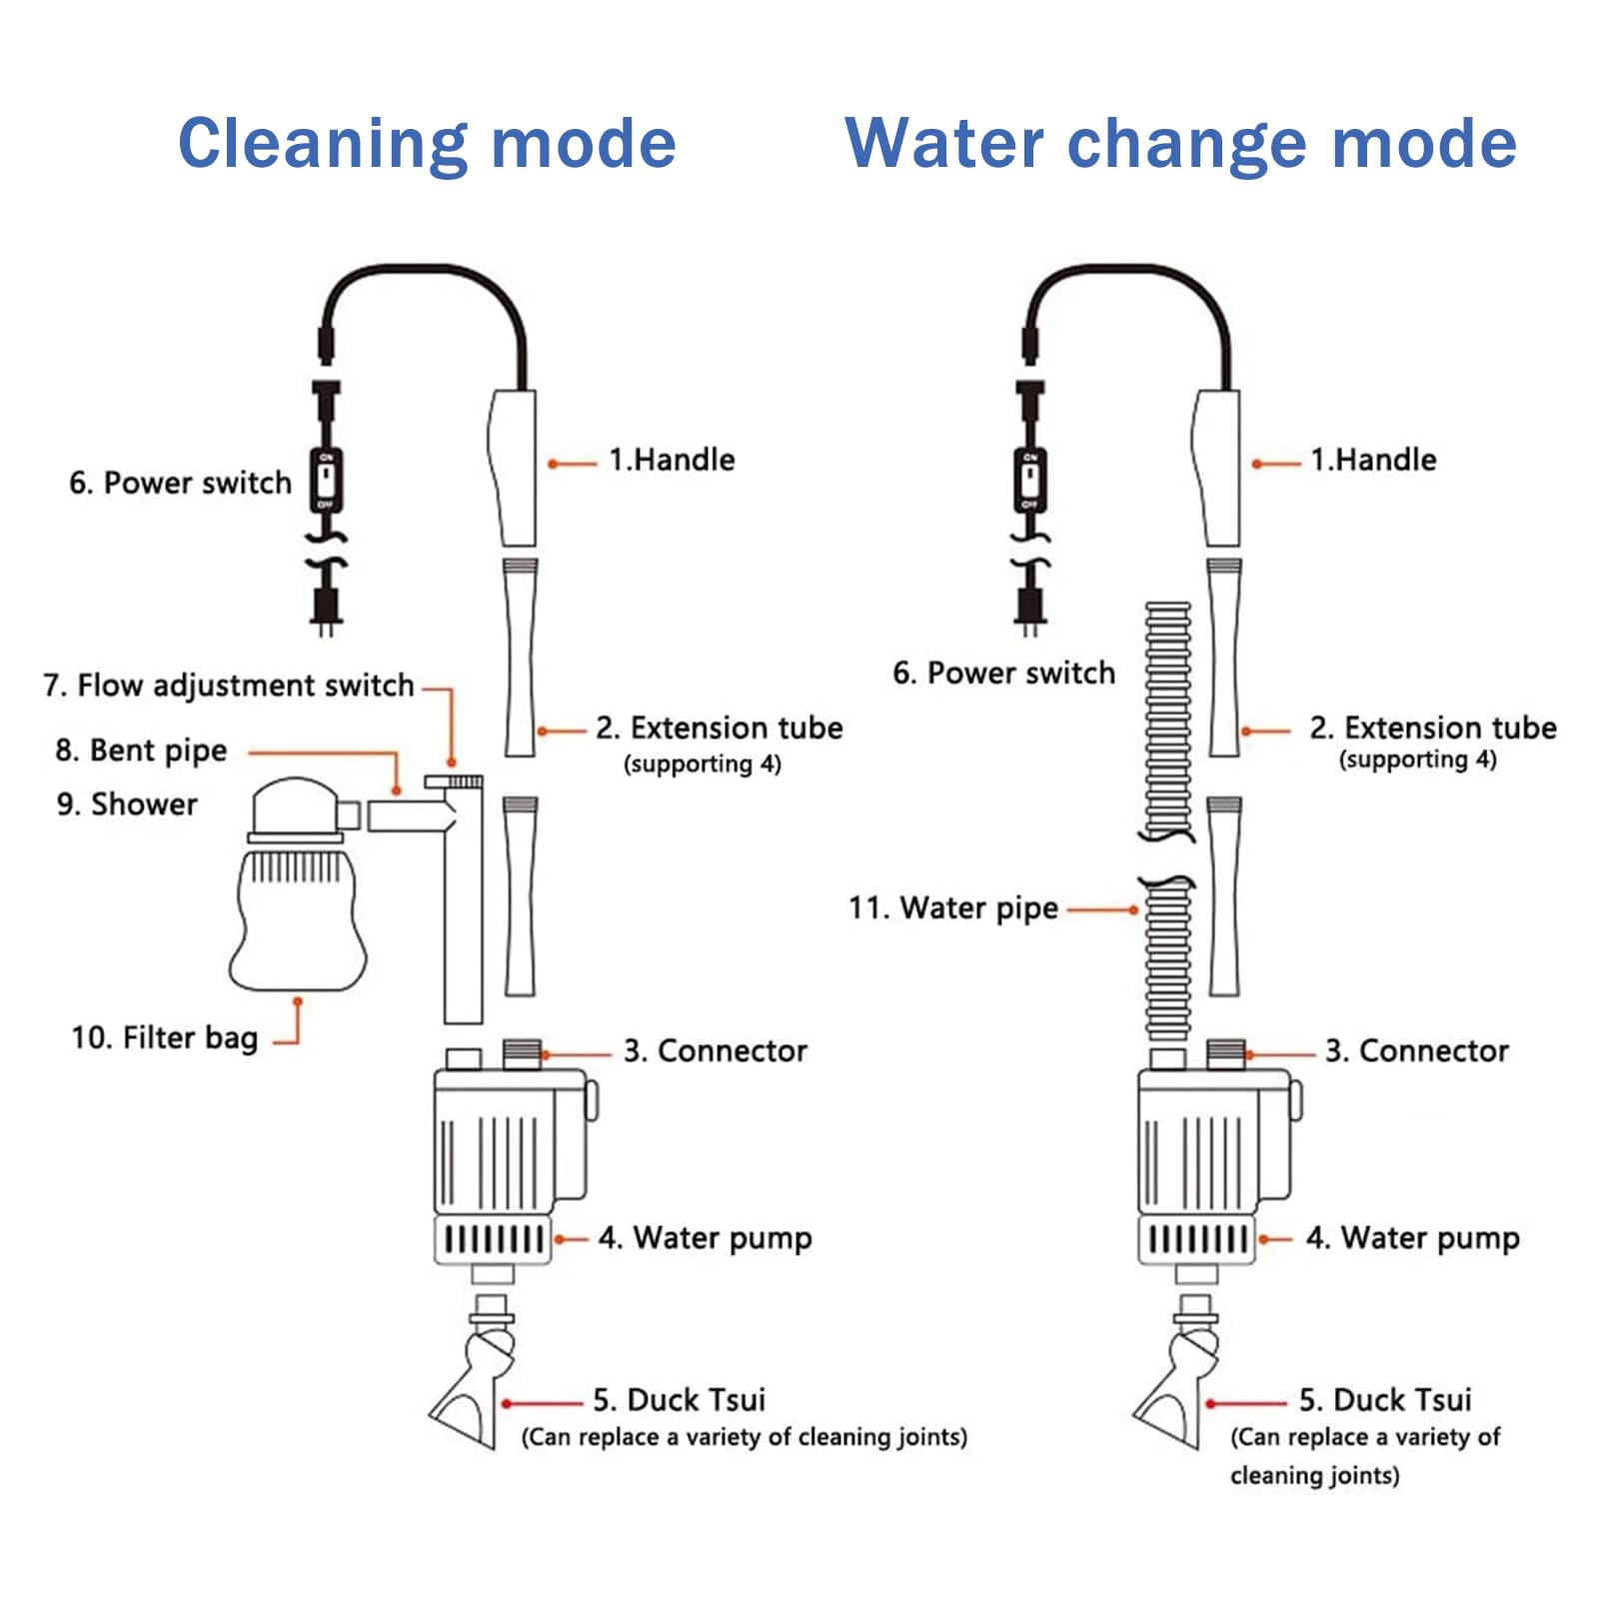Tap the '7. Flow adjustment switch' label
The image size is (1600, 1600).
pyautogui.click(x=228, y=686)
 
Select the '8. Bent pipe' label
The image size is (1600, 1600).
pyautogui.click(x=141, y=751)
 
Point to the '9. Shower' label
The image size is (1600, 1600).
pyautogui.click(x=127, y=804)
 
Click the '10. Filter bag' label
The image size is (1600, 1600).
pyautogui.click(x=164, y=1038)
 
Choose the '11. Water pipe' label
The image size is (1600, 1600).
pyautogui.click(x=953, y=908)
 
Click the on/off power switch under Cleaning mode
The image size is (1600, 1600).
pyautogui.click(x=326, y=480)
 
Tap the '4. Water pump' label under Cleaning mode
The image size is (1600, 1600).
pyautogui.click(x=705, y=1239)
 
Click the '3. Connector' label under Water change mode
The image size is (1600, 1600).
pyautogui.click(x=1416, y=1051)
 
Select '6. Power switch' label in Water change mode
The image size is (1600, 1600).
pyautogui.click(x=1003, y=674)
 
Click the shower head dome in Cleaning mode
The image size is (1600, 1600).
pyautogui.click(x=295, y=805)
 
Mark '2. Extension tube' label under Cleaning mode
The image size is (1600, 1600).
pyautogui.click(x=719, y=729)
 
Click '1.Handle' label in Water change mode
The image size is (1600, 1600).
pyautogui.click(x=1373, y=460)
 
